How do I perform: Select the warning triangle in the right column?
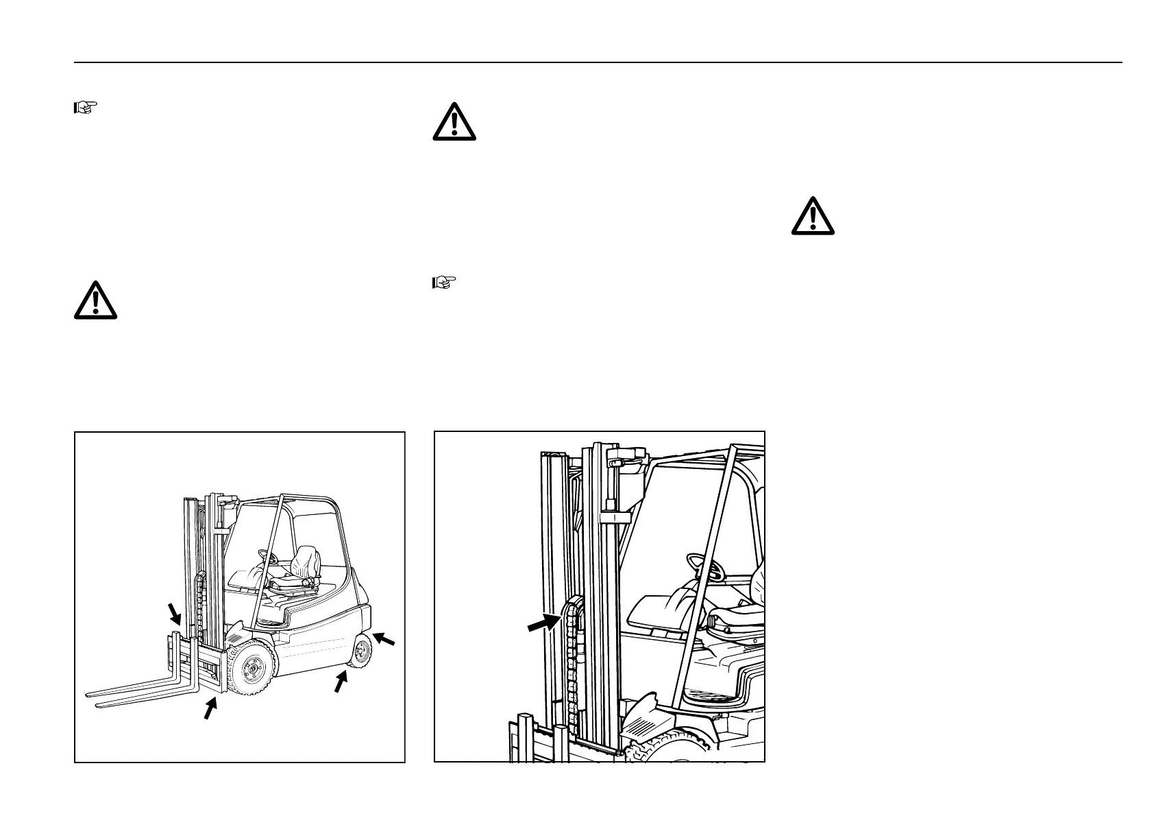[x=813, y=216]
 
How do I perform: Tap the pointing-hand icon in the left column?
[x=85, y=107]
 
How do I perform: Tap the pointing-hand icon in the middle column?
[x=444, y=282]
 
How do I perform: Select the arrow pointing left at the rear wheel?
[x=385, y=640]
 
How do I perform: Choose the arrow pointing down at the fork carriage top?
[x=175, y=613]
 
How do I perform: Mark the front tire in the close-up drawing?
[x=678, y=747]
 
